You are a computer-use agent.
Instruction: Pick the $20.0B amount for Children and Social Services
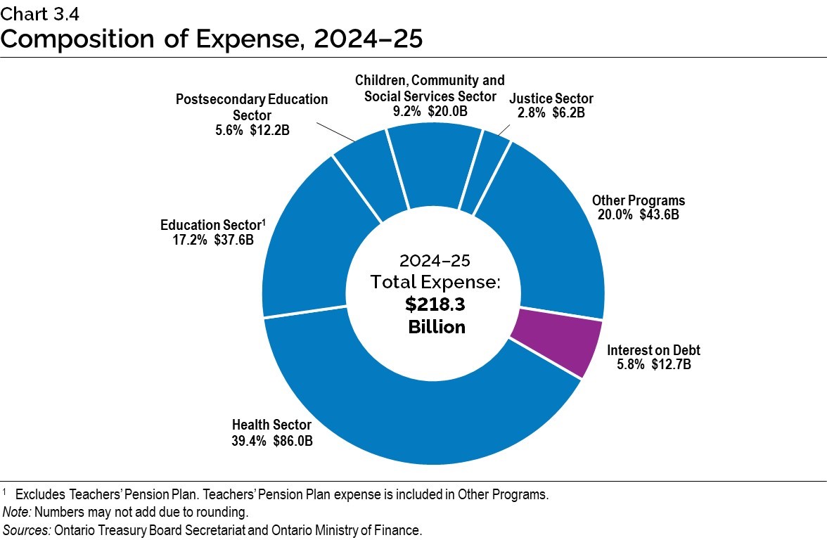[448, 111]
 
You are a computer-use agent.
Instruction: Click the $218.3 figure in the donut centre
[435, 304]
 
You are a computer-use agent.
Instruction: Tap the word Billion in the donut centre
[436, 327]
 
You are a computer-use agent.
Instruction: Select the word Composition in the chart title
[84, 38]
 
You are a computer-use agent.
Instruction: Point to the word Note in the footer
[15, 512]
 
